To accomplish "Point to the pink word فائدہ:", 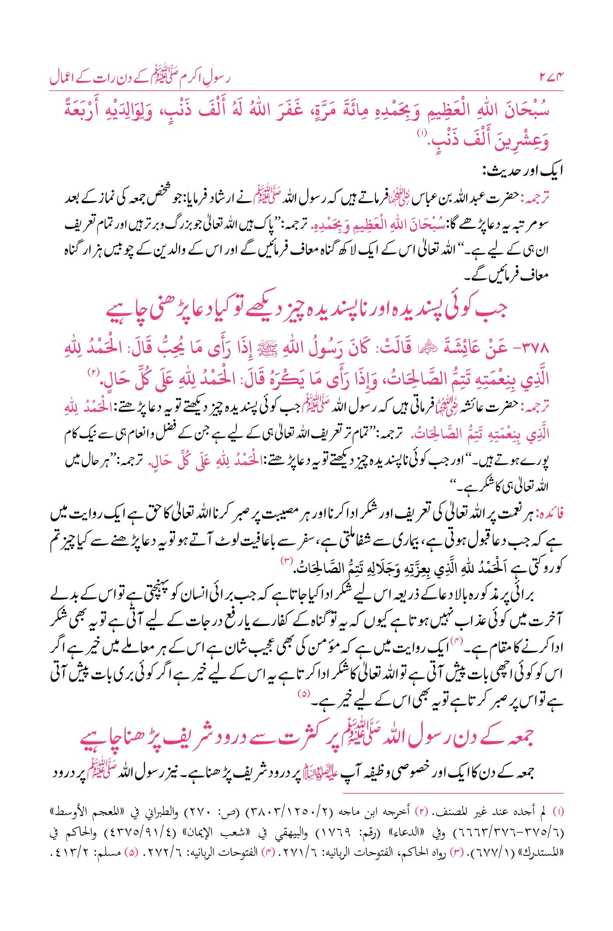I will click(551, 515).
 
